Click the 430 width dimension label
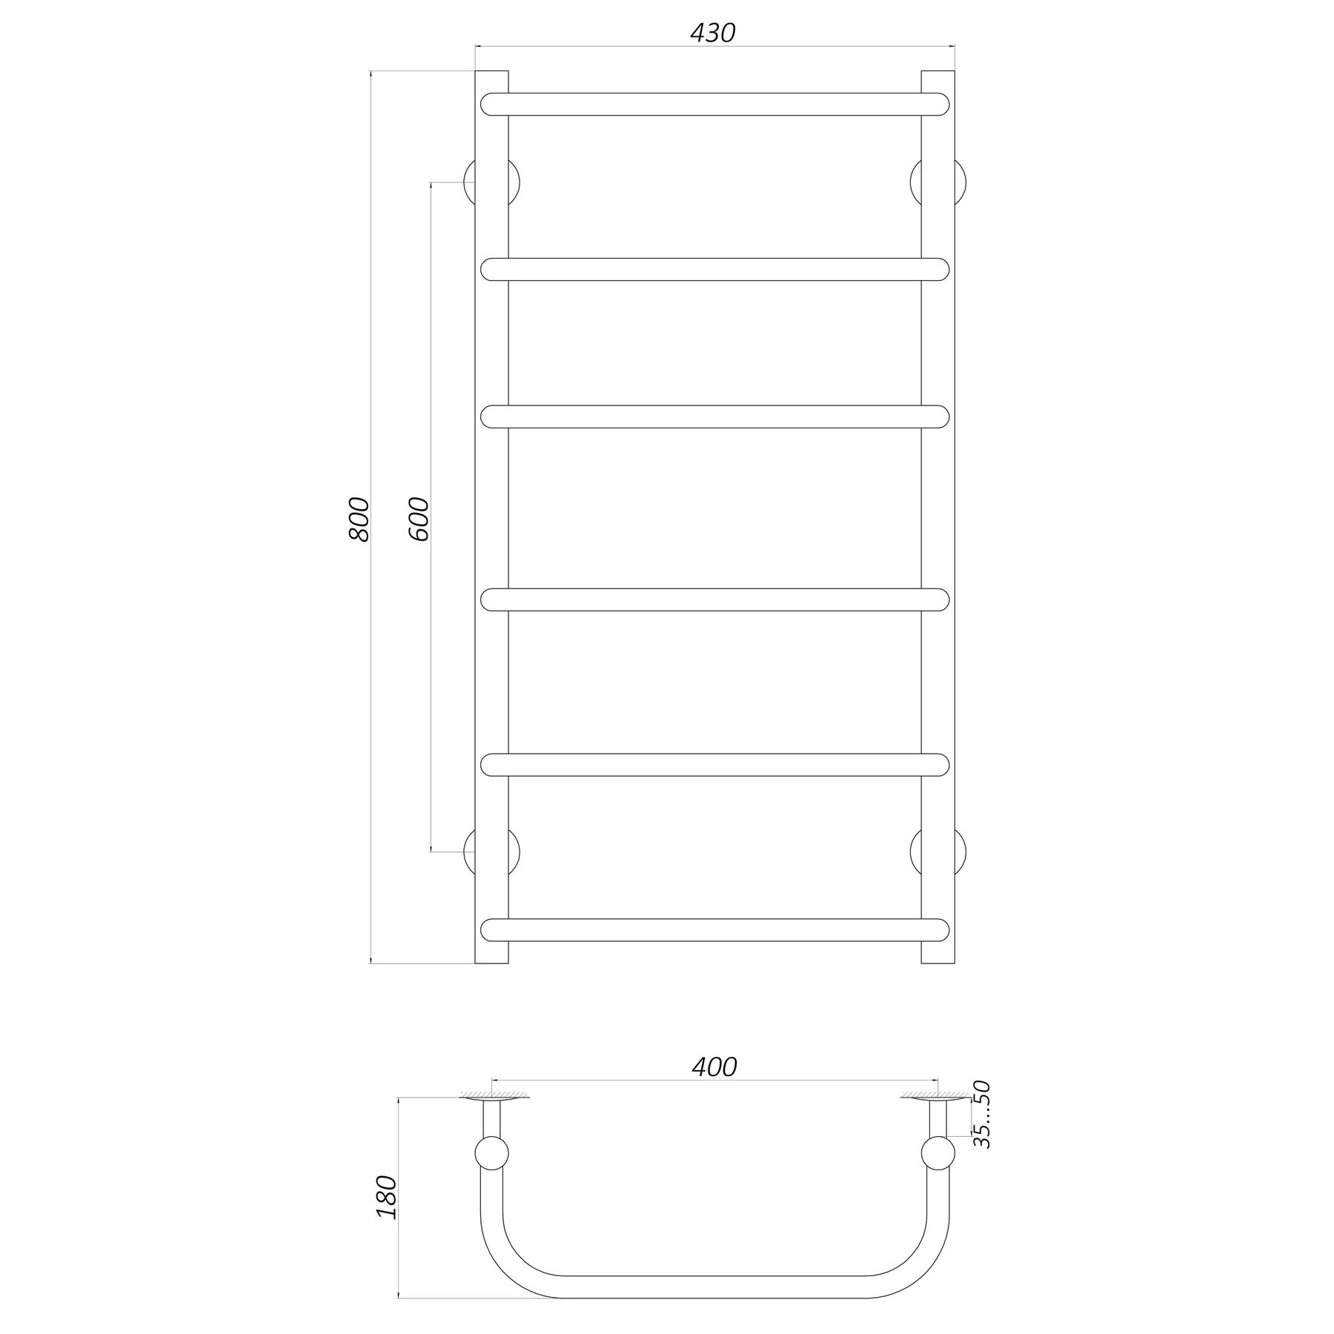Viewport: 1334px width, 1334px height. (712, 33)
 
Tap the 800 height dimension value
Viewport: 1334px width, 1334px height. (358, 519)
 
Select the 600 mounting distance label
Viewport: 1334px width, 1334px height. (418, 519)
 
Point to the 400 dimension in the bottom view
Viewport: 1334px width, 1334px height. (714, 1066)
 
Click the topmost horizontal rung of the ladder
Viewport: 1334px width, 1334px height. (714, 104)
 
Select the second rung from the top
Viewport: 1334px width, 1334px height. (714, 269)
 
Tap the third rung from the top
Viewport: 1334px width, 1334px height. (714, 417)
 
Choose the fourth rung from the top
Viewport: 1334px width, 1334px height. (714, 600)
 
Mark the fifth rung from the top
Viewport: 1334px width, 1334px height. (714, 765)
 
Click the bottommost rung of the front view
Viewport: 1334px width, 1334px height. (714, 930)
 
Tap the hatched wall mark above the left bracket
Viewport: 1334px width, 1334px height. (491, 1095)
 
